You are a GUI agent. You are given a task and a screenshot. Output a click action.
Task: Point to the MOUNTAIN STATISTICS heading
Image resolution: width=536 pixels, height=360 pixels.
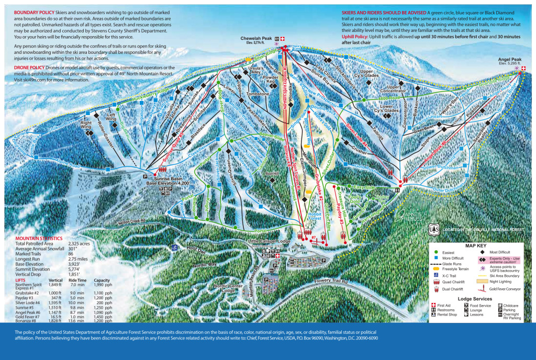40,238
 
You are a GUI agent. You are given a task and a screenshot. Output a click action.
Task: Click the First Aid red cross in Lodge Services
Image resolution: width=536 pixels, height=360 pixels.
433,305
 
